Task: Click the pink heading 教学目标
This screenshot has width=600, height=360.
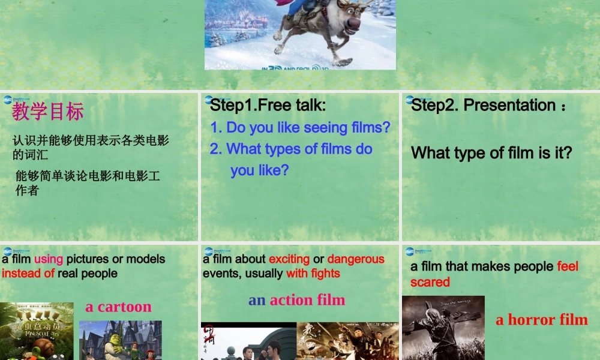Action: pos(48,111)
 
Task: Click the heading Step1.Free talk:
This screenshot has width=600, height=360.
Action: pos(268,106)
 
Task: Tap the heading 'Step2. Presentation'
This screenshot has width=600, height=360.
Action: pos(483,106)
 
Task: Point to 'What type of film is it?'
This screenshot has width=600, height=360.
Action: pos(491,153)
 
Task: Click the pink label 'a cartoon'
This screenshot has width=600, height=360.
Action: pos(118,307)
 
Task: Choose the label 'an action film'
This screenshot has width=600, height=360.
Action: pos(297,299)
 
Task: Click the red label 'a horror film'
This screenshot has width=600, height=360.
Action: pos(541,320)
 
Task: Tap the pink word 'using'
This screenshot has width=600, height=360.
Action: pos(49,259)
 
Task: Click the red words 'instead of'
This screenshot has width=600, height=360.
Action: pos(28,274)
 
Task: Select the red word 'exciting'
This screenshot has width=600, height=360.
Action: pos(289,259)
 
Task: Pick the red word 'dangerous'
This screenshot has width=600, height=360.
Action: pos(356,259)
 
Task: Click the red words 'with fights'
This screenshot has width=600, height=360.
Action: pos(313,274)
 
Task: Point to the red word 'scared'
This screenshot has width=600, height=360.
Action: pos(430,282)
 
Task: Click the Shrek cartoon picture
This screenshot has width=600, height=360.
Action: pos(120,340)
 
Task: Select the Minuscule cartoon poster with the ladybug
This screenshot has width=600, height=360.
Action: pos(37,331)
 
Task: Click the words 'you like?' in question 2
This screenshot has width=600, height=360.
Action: pos(259,170)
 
